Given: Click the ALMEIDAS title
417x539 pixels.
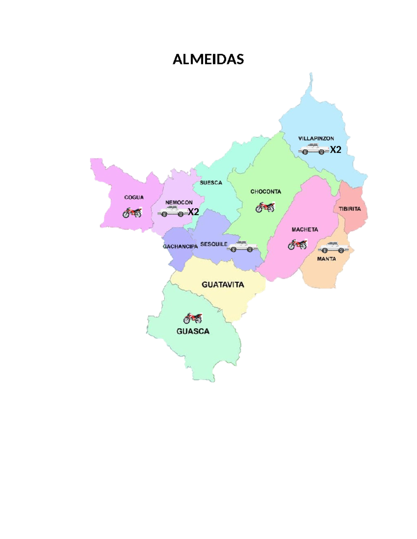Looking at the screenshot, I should click(x=208, y=59).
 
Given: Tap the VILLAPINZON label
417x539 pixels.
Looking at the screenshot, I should click(x=316, y=138).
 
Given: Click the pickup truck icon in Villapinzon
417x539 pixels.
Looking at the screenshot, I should click(x=313, y=149).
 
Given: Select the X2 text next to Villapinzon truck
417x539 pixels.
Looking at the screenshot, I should click(x=335, y=150).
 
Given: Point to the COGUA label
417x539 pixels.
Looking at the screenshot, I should click(x=134, y=197).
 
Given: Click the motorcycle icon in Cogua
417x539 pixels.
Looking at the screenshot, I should click(x=132, y=212).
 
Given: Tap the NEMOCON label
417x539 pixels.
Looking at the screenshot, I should click(x=179, y=202).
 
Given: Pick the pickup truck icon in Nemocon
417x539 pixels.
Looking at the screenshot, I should click(x=172, y=211).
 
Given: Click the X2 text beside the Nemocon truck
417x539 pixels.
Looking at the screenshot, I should click(x=193, y=212).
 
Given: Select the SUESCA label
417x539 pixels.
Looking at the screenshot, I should click(x=211, y=183).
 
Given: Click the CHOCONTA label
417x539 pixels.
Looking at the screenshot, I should click(x=265, y=192).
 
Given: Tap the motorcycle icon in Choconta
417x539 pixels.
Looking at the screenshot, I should click(x=265, y=207).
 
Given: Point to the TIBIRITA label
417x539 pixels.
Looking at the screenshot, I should click(x=350, y=209).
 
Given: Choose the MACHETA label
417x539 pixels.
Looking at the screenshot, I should click(x=305, y=229).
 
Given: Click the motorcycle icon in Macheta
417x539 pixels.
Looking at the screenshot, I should click(x=297, y=244).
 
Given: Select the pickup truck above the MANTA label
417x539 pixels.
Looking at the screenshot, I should click(x=333, y=247).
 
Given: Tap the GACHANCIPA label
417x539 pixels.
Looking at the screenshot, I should click(x=180, y=246).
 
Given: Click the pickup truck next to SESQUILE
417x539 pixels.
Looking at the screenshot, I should click(x=242, y=246).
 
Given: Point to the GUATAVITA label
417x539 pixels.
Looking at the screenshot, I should click(x=223, y=285).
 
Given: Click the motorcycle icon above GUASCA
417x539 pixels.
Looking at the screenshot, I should click(x=193, y=318).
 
